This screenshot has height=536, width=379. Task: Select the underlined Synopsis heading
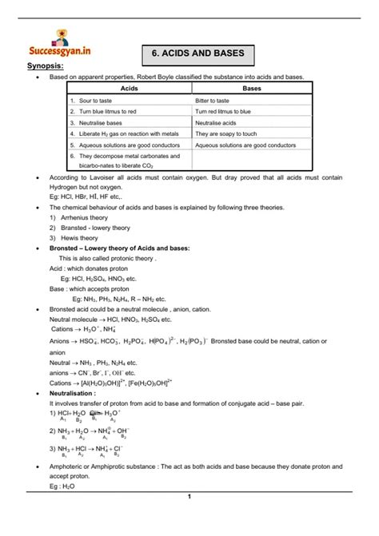pos(46,66)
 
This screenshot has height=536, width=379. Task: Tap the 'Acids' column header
pos(129,89)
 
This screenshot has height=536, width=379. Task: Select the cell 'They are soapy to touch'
pos(227,134)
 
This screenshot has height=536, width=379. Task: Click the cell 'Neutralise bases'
pos(100,123)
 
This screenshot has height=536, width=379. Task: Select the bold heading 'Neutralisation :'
pos(73,393)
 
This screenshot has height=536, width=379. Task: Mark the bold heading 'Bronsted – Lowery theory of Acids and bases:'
pos(120,248)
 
